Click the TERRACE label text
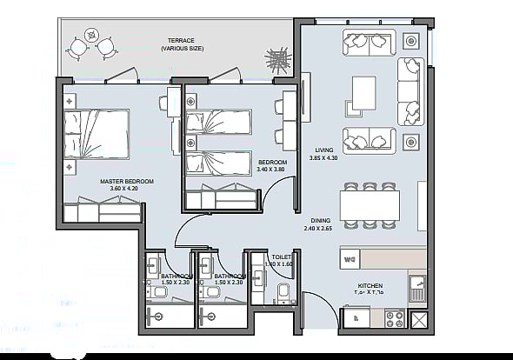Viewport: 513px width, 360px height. tap(182, 41)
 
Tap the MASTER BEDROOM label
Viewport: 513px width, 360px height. tap(126, 181)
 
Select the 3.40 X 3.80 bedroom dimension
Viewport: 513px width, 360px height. tap(272, 169)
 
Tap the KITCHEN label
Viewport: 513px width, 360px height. tap(370, 284)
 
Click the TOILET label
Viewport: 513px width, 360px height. tap(281, 257)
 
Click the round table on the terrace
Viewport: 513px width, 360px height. tap(95, 40)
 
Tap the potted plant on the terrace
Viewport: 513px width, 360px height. tap(277, 62)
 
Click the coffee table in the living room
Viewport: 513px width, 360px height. tap(364, 95)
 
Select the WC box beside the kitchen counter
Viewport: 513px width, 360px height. tap(350, 257)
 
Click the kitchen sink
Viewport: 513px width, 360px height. tap(417, 286)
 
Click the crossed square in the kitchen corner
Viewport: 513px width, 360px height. tap(420, 321)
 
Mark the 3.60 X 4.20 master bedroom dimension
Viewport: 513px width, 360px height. tap(126, 189)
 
